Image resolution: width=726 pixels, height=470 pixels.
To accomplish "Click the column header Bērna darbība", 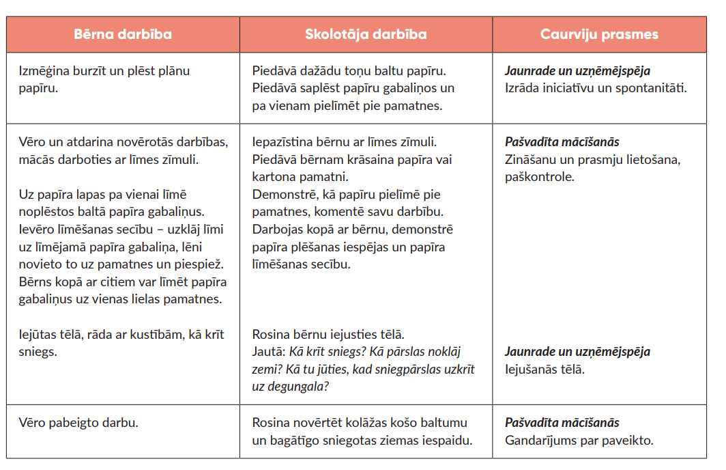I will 123,35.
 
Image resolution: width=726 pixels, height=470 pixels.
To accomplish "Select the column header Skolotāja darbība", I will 366,35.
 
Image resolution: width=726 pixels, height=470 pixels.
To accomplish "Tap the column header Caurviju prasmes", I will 599,35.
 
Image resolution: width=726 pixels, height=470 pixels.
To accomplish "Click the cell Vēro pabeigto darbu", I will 79,422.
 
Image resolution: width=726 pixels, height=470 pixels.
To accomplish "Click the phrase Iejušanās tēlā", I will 544,369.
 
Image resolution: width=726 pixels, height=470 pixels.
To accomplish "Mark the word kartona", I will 274,177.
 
